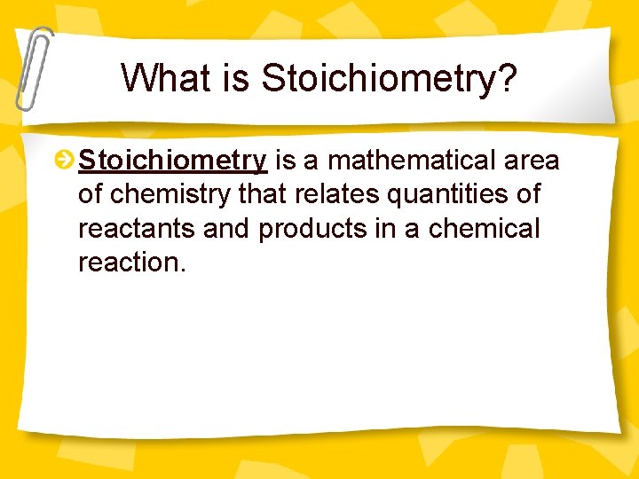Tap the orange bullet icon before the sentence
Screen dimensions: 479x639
click(x=64, y=161)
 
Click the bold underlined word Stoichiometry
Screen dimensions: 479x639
click(x=172, y=161)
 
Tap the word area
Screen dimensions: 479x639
click(x=532, y=161)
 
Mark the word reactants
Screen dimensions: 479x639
click(x=138, y=229)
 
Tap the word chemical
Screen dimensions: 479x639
click(x=484, y=229)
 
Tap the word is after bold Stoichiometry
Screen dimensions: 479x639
click(x=285, y=161)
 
